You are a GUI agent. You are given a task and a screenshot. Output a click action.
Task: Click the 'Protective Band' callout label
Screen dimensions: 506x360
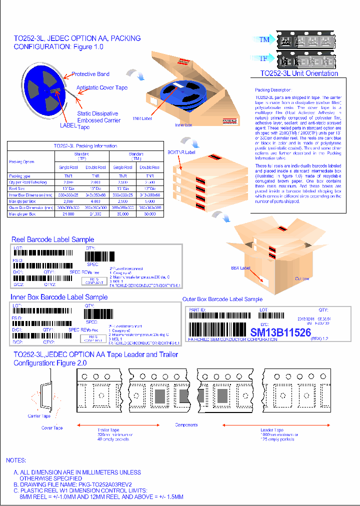[x=90, y=74]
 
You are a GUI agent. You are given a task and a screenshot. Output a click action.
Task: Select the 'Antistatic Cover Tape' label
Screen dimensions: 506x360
[x=102, y=87]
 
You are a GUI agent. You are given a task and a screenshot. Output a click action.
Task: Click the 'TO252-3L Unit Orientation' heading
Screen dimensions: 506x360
[x=299, y=73]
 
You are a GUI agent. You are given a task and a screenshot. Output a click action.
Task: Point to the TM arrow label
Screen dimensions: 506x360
[x=263, y=39]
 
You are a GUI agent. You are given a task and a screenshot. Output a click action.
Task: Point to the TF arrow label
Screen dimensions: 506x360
[x=263, y=58]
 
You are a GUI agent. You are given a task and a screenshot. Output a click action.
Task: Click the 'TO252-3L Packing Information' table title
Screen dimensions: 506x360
[x=85, y=146]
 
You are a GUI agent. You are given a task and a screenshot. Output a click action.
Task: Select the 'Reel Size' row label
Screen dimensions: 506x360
[x=18, y=189]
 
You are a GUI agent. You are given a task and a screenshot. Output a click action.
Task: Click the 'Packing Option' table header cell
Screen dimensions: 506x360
[x=22, y=162]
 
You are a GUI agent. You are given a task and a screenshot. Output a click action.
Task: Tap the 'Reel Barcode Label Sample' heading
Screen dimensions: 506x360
[x=53, y=239]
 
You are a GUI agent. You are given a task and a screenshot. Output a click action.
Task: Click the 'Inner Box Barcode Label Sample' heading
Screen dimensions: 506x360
[x=59, y=297]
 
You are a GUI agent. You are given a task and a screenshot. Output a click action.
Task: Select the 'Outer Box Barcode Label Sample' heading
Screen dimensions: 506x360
[x=222, y=299]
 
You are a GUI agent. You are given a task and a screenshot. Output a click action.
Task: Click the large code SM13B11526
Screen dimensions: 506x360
[x=280, y=332]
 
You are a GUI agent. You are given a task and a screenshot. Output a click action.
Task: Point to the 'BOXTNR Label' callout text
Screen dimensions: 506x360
[x=181, y=151]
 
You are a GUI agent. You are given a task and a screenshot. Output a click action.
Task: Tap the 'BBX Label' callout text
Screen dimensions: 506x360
[x=240, y=268]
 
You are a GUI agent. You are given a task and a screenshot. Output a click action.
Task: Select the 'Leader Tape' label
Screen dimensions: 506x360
[x=272, y=430]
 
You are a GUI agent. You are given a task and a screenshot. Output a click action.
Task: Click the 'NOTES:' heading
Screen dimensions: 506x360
[x=16, y=460]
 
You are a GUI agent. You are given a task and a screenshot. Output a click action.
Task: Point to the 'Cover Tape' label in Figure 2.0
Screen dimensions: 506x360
[x=51, y=428]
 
